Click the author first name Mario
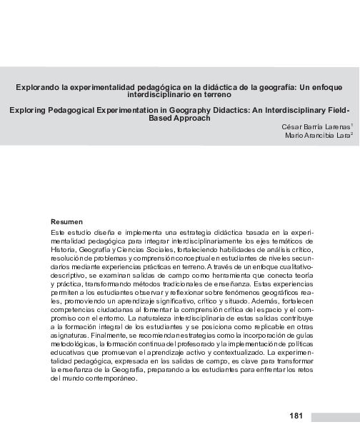(x=295, y=135)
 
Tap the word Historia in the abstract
(x=64, y=250)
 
